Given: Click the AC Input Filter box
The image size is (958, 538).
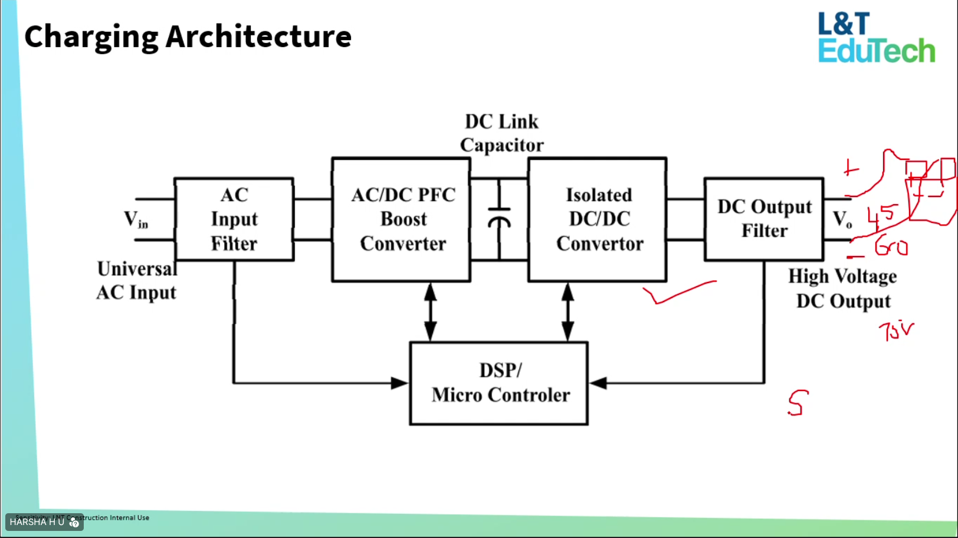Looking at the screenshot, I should coord(234,219).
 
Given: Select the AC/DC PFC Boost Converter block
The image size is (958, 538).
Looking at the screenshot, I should coord(402,219).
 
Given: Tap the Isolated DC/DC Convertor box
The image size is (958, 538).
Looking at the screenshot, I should coord(598,219).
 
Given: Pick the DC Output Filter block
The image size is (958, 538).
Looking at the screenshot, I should coord(764,219).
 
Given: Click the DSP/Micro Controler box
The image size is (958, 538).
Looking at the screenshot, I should coord(499,383).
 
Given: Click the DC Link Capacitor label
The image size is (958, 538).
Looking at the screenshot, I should coord(501,133).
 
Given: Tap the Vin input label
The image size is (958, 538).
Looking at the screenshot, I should coord(136,219).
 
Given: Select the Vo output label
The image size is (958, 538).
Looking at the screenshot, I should coord(842,219).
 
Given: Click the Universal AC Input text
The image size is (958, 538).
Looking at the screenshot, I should coord(136,280).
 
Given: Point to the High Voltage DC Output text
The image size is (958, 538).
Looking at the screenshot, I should coord(843,288).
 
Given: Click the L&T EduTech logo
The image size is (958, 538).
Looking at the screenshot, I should coord(876,38).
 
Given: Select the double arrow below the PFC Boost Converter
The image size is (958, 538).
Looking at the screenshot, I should coord(431,311).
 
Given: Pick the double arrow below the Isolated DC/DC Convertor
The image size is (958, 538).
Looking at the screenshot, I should coord(567,311).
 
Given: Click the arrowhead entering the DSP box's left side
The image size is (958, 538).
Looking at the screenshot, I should coord(400,383).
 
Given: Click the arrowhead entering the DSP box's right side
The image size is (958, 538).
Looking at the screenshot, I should coord(598,383).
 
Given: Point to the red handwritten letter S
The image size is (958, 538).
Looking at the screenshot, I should coord(797,403).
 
